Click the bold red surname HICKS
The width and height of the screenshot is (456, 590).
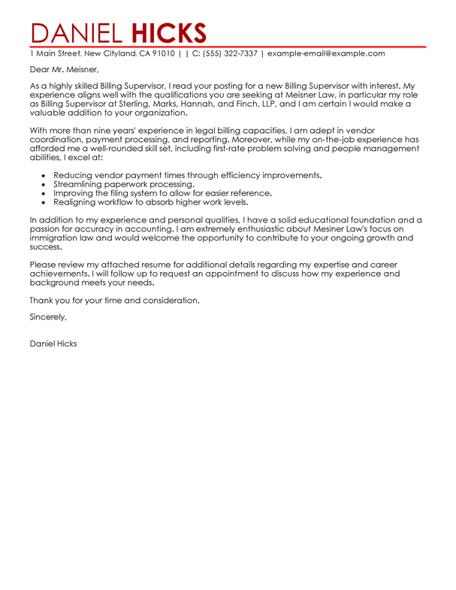click(x=169, y=33)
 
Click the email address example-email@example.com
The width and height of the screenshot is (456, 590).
click(x=326, y=54)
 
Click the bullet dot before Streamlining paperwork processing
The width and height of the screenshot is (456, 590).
click(x=45, y=184)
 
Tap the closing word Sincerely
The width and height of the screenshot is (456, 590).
click(x=48, y=318)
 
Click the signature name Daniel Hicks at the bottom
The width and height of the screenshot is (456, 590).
click(x=53, y=344)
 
